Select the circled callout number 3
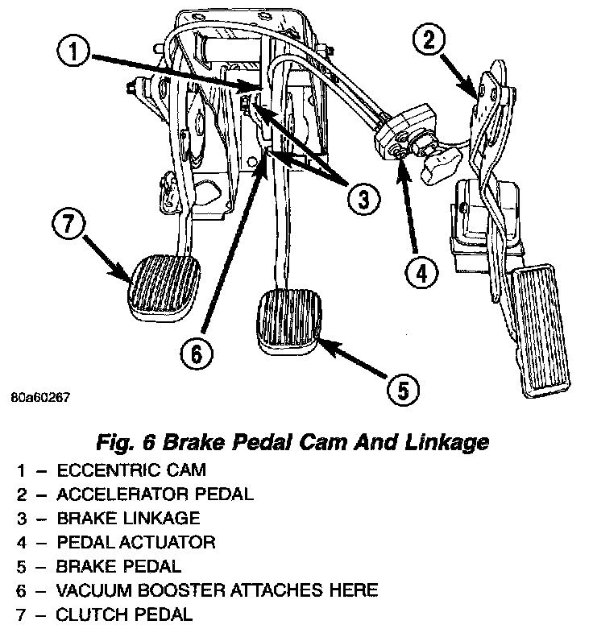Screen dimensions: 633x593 pyautogui.click(x=363, y=197)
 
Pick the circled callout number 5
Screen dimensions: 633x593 pyautogui.click(x=401, y=390)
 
